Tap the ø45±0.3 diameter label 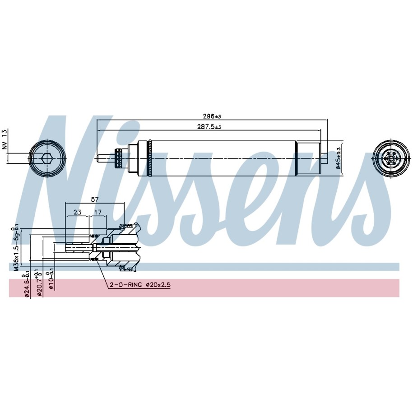point(339,158)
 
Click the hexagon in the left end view point(46,158)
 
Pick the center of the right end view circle point(392,158)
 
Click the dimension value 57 point(95,199)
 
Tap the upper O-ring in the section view point(95,236)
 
